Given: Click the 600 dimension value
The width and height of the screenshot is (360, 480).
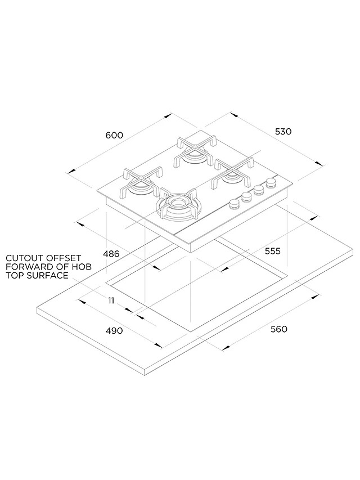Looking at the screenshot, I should [114, 136].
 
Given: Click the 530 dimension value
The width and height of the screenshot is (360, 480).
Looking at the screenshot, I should [283, 131].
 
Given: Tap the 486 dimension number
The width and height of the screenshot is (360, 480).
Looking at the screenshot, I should [111, 254].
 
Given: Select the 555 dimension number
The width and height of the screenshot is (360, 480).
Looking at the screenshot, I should [272, 251].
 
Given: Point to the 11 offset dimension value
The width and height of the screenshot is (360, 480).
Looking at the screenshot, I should [111, 300].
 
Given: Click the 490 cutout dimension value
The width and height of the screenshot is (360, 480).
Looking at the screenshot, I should [114, 331].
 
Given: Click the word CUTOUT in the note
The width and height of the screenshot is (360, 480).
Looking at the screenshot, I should [22, 258].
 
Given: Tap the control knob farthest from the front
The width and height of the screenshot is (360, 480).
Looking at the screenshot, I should [271, 183].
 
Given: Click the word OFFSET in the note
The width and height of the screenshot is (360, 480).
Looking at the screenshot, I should [64, 258].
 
